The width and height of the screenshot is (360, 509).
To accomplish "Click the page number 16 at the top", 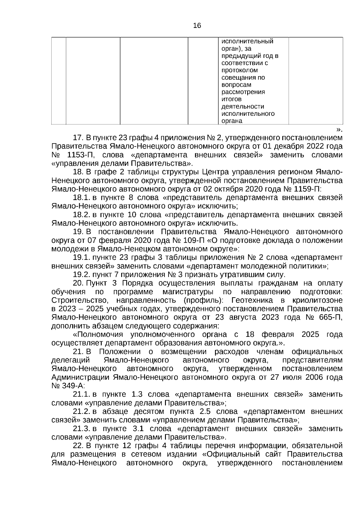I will click(197, 26).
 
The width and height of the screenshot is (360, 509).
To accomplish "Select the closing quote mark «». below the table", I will click(339, 130).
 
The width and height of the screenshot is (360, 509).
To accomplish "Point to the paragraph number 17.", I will click(78, 138).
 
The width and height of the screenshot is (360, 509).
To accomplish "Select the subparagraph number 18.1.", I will click(82, 198).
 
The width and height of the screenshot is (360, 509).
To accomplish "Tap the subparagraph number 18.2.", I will click(82, 215).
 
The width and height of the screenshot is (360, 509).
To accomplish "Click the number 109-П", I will click(193, 241).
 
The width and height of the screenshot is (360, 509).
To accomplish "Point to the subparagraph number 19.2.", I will click(82, 275).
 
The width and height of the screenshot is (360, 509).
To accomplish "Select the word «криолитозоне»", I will click(317, 301).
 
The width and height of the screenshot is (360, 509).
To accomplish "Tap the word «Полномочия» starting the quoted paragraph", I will click(98, 335).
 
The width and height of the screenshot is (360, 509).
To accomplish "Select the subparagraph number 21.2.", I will click(82, 412).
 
